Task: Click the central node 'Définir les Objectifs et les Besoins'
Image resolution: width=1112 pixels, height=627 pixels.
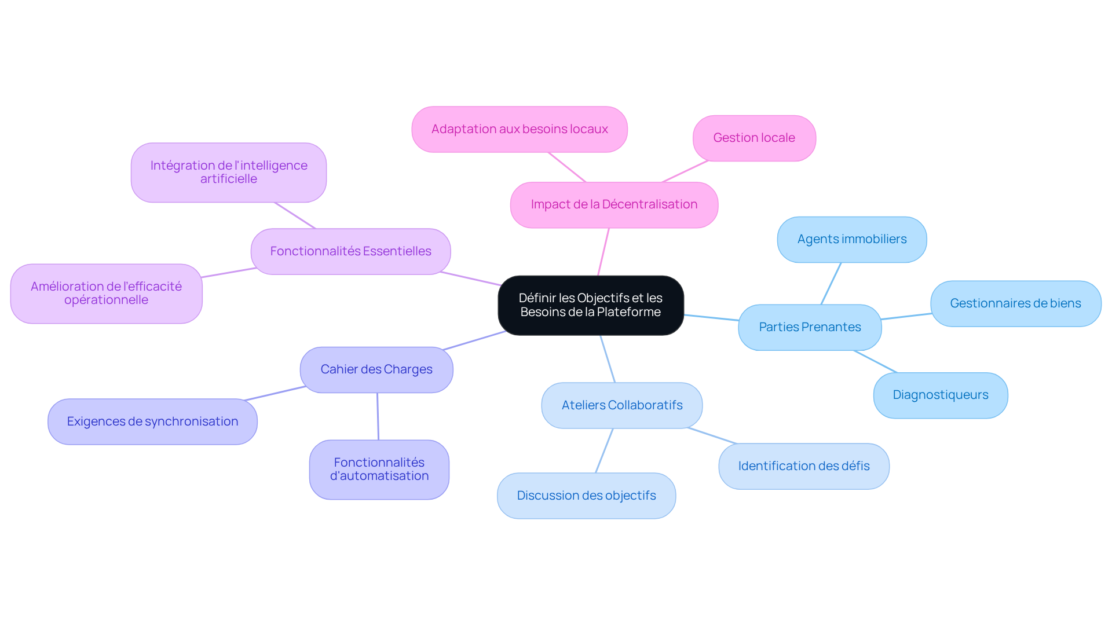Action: (x=591, y=305)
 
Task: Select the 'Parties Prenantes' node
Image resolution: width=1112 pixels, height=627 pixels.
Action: (x=810, y=327)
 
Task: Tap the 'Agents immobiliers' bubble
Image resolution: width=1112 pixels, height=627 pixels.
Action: (x=852, y=239)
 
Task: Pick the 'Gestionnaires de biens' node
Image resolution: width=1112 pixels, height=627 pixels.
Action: (x=1016, y=303)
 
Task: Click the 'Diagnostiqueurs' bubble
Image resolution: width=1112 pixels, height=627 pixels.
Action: (x=941, y=395)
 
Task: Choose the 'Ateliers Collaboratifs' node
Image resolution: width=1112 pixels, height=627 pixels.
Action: (x=622, y=405)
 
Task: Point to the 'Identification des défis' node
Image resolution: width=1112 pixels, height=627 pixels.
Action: (x=804, y=466)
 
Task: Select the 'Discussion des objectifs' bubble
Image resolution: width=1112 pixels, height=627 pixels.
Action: (x=586, y=496)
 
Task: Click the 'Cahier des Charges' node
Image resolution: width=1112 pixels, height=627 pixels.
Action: (x=376, y=369)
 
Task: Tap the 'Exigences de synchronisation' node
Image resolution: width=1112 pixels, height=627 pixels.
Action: (x=152, y=421)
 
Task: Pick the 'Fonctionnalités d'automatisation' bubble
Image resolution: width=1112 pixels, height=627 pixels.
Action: (x=379, y=469)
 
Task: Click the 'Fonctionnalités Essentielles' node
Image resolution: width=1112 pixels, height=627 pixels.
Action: (x=350, y=251)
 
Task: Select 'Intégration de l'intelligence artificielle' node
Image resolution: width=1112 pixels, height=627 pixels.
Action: (x=229, y=173)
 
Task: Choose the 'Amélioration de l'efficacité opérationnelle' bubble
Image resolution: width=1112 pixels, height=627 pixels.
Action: (x=106, y=294)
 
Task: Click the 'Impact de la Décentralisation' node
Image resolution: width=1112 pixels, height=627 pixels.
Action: (x=614, y=205)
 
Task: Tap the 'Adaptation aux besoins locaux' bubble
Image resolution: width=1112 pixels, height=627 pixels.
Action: (x=520, y=129)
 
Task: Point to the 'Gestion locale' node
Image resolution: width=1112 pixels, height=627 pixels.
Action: (x=754, y=138)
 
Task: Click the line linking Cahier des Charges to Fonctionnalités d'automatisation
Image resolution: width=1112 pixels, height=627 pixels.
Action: (x=378, y=416)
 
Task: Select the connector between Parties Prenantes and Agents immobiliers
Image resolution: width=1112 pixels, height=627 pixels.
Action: (x=831, y=284)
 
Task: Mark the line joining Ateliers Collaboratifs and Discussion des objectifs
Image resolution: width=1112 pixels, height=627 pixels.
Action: (x=604, y=450)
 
